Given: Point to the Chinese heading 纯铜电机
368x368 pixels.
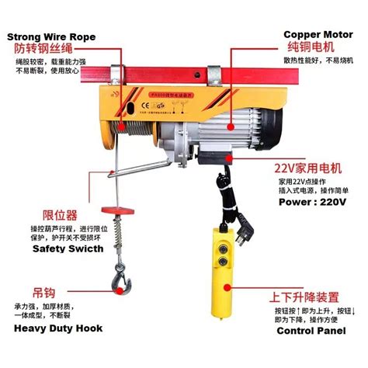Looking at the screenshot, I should [309, 48].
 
